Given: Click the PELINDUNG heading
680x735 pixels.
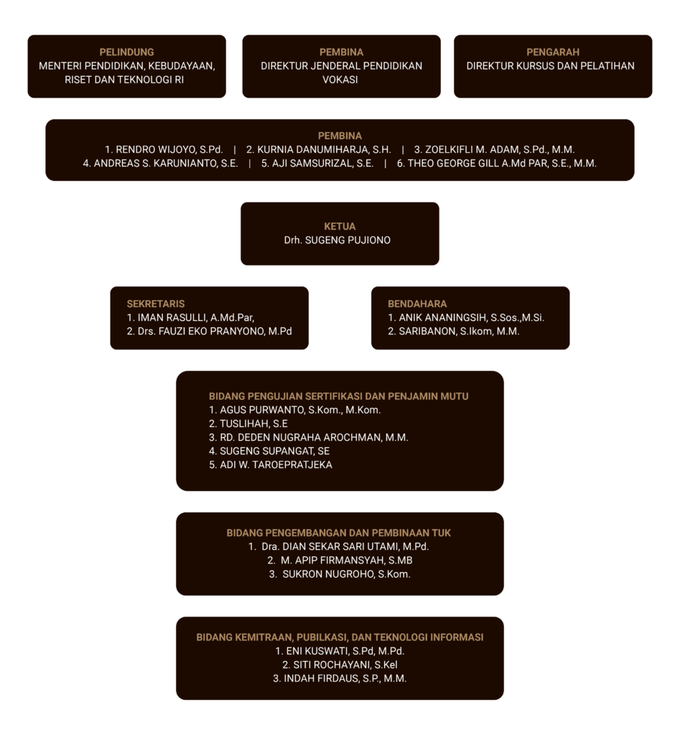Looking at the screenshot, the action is tap(126, 52).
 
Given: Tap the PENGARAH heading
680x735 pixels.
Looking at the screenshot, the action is tap(553, 52).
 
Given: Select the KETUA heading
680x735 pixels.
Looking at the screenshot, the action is tap(340, 226).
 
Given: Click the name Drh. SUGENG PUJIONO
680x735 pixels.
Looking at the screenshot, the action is tap(337, 240).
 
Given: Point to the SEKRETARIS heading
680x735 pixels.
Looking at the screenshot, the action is tap(156, 304).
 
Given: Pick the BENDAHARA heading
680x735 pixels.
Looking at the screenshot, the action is tap(417, 304).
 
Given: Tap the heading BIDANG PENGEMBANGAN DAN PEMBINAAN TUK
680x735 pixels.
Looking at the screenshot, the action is tap(339, 533).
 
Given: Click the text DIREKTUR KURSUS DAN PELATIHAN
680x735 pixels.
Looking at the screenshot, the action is tap(550, 65).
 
